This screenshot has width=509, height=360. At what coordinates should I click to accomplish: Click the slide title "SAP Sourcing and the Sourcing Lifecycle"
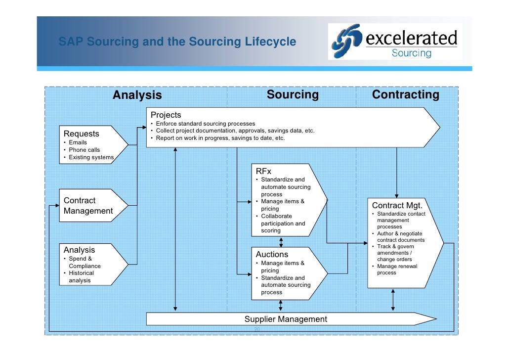pos(177,42)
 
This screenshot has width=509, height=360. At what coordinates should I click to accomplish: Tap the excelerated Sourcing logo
pos(395,42)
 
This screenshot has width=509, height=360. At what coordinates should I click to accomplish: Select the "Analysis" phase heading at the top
pos(137,95)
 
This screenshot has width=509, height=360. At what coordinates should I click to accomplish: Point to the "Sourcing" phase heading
pos(293,94)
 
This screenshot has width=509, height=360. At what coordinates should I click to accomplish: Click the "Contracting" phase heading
pos(405,94)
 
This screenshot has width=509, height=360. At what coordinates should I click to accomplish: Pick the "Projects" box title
pos(166,115)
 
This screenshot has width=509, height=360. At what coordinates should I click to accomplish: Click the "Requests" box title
pos(81,134)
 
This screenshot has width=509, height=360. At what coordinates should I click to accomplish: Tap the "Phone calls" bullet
pos(84,150)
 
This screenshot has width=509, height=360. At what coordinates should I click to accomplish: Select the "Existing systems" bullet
pos(91,157)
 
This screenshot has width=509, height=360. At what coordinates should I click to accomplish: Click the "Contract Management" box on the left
pos(88,206)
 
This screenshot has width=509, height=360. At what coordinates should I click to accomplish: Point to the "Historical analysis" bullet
pos(81,276)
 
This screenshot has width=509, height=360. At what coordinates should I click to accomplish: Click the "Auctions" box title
pos(272,254)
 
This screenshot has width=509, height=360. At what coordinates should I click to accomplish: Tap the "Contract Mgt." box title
pos(397,205)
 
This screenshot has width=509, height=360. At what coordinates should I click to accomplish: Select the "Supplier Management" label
pos(286,319)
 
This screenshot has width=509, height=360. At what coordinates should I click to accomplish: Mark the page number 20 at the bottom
pos(256,329)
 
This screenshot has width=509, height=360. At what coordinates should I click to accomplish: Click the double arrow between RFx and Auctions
pos(281,242)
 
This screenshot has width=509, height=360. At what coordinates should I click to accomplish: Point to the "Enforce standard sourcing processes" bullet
pos(206,124)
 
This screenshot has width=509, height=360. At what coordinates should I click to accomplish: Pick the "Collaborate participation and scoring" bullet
pos(283,224)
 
